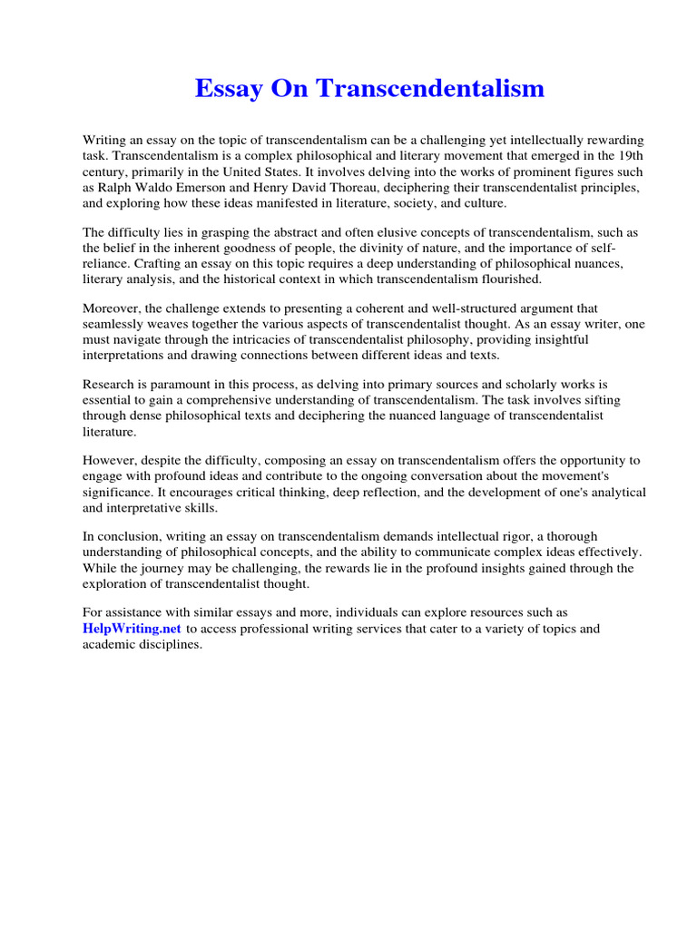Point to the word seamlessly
tap(116, 325)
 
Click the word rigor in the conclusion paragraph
tap(521, 537)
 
